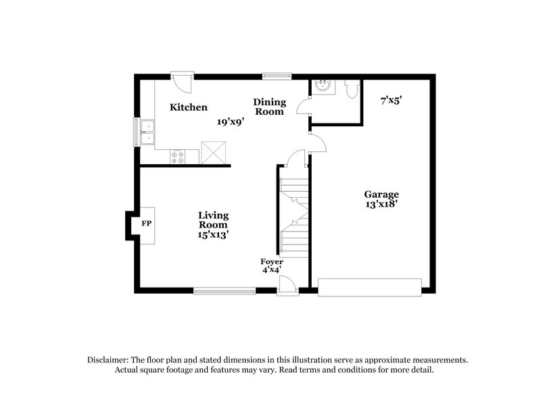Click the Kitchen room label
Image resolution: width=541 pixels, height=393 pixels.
point(188,107)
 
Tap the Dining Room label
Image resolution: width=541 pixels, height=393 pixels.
point(270,107)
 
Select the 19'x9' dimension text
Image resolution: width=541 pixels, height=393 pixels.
point(230,122)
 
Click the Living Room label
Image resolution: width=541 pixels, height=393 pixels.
point(213,220)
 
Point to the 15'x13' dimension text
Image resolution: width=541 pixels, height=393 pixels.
point(213,235)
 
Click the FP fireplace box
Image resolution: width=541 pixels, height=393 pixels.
point(146,223)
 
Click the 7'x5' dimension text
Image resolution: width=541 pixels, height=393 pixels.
point(391,100)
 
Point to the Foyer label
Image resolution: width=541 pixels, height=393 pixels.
point(272,261)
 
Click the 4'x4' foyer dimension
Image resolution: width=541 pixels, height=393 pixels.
point(272,269)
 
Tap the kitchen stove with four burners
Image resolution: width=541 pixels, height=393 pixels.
point(177,157)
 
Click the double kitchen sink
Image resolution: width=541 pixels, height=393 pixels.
point(147,132)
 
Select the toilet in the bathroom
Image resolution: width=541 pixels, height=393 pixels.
point(350,89)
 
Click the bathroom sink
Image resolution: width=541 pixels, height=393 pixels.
point(322,86)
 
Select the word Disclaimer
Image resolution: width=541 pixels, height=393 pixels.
point(108,360)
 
